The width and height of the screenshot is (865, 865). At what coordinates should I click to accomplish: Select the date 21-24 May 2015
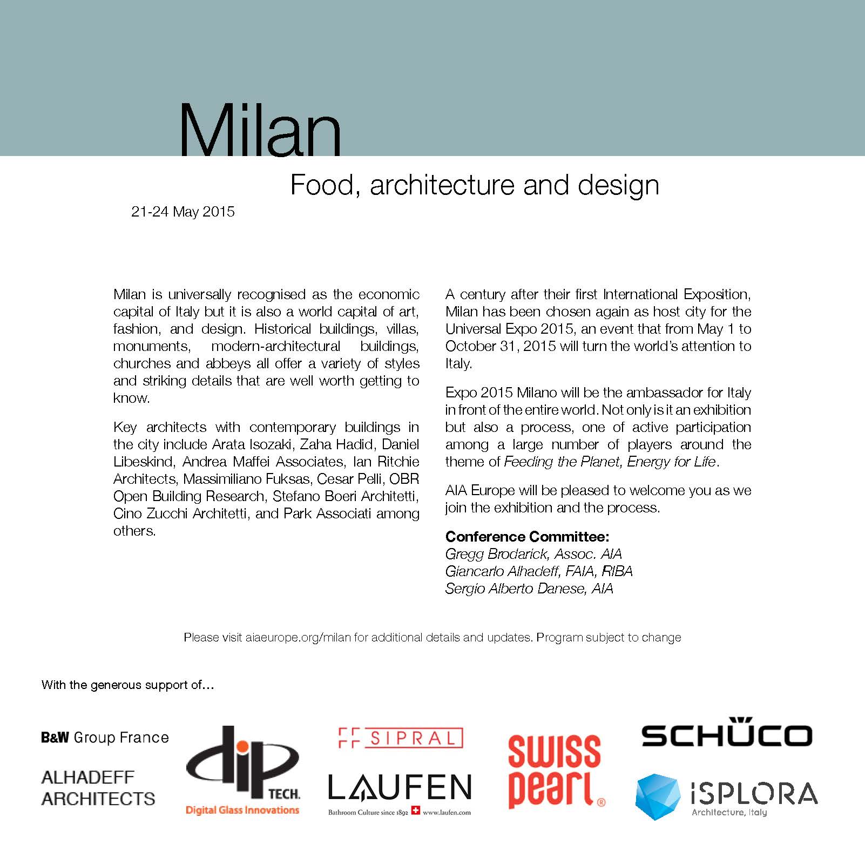183,212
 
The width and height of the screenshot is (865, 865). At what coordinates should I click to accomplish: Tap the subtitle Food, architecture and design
474,185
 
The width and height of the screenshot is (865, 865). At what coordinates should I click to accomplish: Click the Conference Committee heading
527,537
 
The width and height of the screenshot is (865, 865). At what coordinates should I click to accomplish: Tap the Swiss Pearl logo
555,771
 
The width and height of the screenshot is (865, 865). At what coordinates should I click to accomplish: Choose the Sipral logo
400,738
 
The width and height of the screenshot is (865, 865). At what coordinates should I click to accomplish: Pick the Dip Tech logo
242,769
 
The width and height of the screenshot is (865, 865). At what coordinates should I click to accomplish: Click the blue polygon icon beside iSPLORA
658,796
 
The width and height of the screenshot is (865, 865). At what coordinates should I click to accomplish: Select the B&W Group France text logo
105,738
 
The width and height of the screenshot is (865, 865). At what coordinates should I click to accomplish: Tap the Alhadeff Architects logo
98,788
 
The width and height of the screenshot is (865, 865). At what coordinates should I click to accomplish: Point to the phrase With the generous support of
127,685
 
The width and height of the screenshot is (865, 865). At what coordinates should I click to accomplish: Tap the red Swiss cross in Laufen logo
415,810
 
